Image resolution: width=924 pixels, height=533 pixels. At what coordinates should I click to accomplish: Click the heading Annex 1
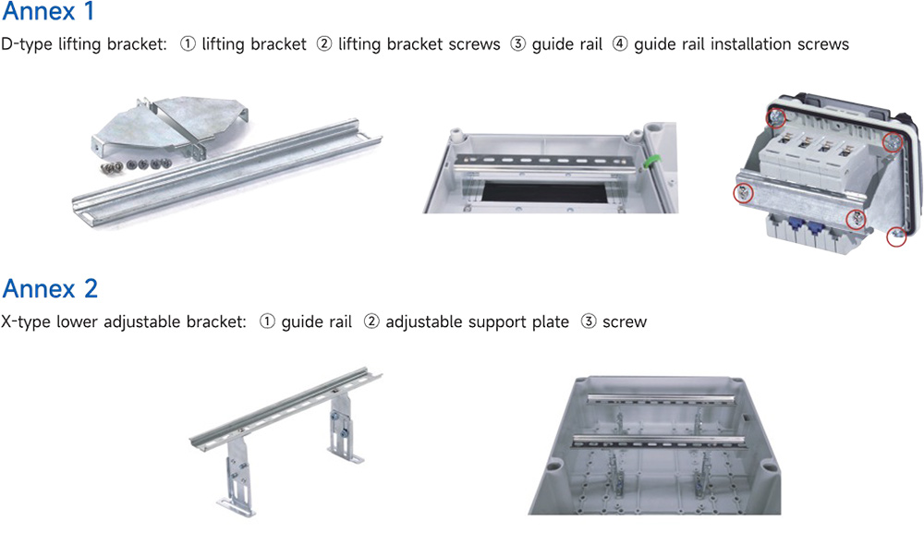point(48,11)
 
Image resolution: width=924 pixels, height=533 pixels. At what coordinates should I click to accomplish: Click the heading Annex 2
point(50,288)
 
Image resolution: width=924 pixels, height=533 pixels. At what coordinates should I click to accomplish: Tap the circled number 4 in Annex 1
point(620,43)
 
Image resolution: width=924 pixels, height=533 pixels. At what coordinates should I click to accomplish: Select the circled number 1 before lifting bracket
point(188,43)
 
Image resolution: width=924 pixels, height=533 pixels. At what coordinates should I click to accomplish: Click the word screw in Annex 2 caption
point(625,322)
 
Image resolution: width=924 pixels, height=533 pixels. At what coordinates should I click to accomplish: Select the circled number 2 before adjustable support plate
point(371,321)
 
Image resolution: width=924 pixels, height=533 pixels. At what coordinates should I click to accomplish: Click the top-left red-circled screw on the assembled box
point(776,118)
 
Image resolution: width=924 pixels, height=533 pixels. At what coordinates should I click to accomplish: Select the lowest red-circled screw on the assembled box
point(896,236)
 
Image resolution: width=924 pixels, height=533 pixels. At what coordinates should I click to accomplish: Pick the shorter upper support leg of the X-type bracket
point(343,429)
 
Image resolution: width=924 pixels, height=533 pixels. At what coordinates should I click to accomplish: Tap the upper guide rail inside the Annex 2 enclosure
point(662,399)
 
